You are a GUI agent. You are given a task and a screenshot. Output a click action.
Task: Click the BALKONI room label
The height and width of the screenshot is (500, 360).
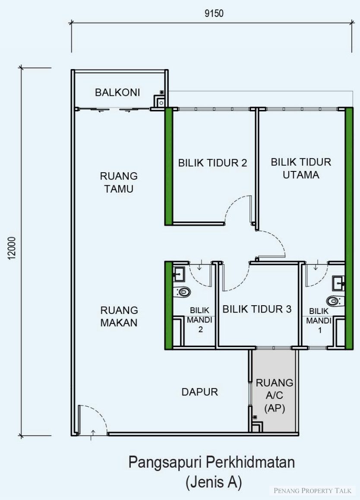117,92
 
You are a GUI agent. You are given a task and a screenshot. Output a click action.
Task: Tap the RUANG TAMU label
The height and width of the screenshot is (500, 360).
119,182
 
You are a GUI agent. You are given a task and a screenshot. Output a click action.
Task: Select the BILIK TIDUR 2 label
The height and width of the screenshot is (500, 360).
213,163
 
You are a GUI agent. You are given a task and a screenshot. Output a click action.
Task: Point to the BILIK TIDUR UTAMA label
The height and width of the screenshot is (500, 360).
301,168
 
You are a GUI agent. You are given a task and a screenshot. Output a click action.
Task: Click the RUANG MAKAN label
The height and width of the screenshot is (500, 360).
119,316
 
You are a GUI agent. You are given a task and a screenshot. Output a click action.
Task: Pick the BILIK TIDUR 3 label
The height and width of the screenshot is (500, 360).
257,309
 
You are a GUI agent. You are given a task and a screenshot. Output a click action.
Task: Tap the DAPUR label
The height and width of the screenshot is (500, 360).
199,392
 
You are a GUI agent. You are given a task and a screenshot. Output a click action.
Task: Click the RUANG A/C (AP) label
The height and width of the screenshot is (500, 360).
275,396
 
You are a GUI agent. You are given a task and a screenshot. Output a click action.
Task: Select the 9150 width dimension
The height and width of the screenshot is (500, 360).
214,13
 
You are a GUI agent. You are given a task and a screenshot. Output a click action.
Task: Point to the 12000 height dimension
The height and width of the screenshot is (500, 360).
12,248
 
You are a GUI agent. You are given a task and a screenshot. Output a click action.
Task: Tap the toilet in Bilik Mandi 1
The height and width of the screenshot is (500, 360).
335,301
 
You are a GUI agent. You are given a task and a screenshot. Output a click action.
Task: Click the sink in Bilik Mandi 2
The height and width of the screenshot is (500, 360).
179,274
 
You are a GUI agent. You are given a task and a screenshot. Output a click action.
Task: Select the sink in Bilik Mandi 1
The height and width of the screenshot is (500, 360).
339,283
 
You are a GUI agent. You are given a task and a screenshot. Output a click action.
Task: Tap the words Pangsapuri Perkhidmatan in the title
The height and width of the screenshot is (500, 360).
212,462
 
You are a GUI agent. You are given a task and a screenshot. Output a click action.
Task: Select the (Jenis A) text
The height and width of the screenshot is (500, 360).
214,482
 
